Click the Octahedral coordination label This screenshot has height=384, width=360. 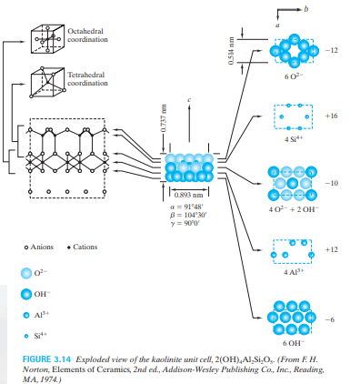pyautogui.click(x=87, y=35)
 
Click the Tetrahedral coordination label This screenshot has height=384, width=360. pyautogui.click(x=87, y=79)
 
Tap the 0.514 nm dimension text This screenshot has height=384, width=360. pyautogui.click(x=231, y=51)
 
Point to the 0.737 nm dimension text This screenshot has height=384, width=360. pyautogui.click(x=164, y=118)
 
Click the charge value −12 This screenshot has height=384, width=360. pyautogui.click(x=331, y=50)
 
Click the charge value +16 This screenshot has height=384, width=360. pyautogui.click(x=331, y=116)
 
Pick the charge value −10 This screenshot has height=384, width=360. pyautogui.click(x=331, y=183)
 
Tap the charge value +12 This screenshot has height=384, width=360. pyautogui.click(x=331, y=249)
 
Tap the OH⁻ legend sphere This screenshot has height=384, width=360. pyautogui.click(x=26, y=294)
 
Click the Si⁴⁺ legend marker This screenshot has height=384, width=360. pyautogui.click(x=26, y=336)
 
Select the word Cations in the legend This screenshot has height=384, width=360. pyautogui.click(x=85, y=247)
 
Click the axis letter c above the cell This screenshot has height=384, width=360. pyautogui.click(x=189, y=100)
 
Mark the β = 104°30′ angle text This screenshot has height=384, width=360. pyautogui.click(x=188, y=216)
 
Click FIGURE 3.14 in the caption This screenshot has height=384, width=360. pyautogui.click(x=46, y=359)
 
